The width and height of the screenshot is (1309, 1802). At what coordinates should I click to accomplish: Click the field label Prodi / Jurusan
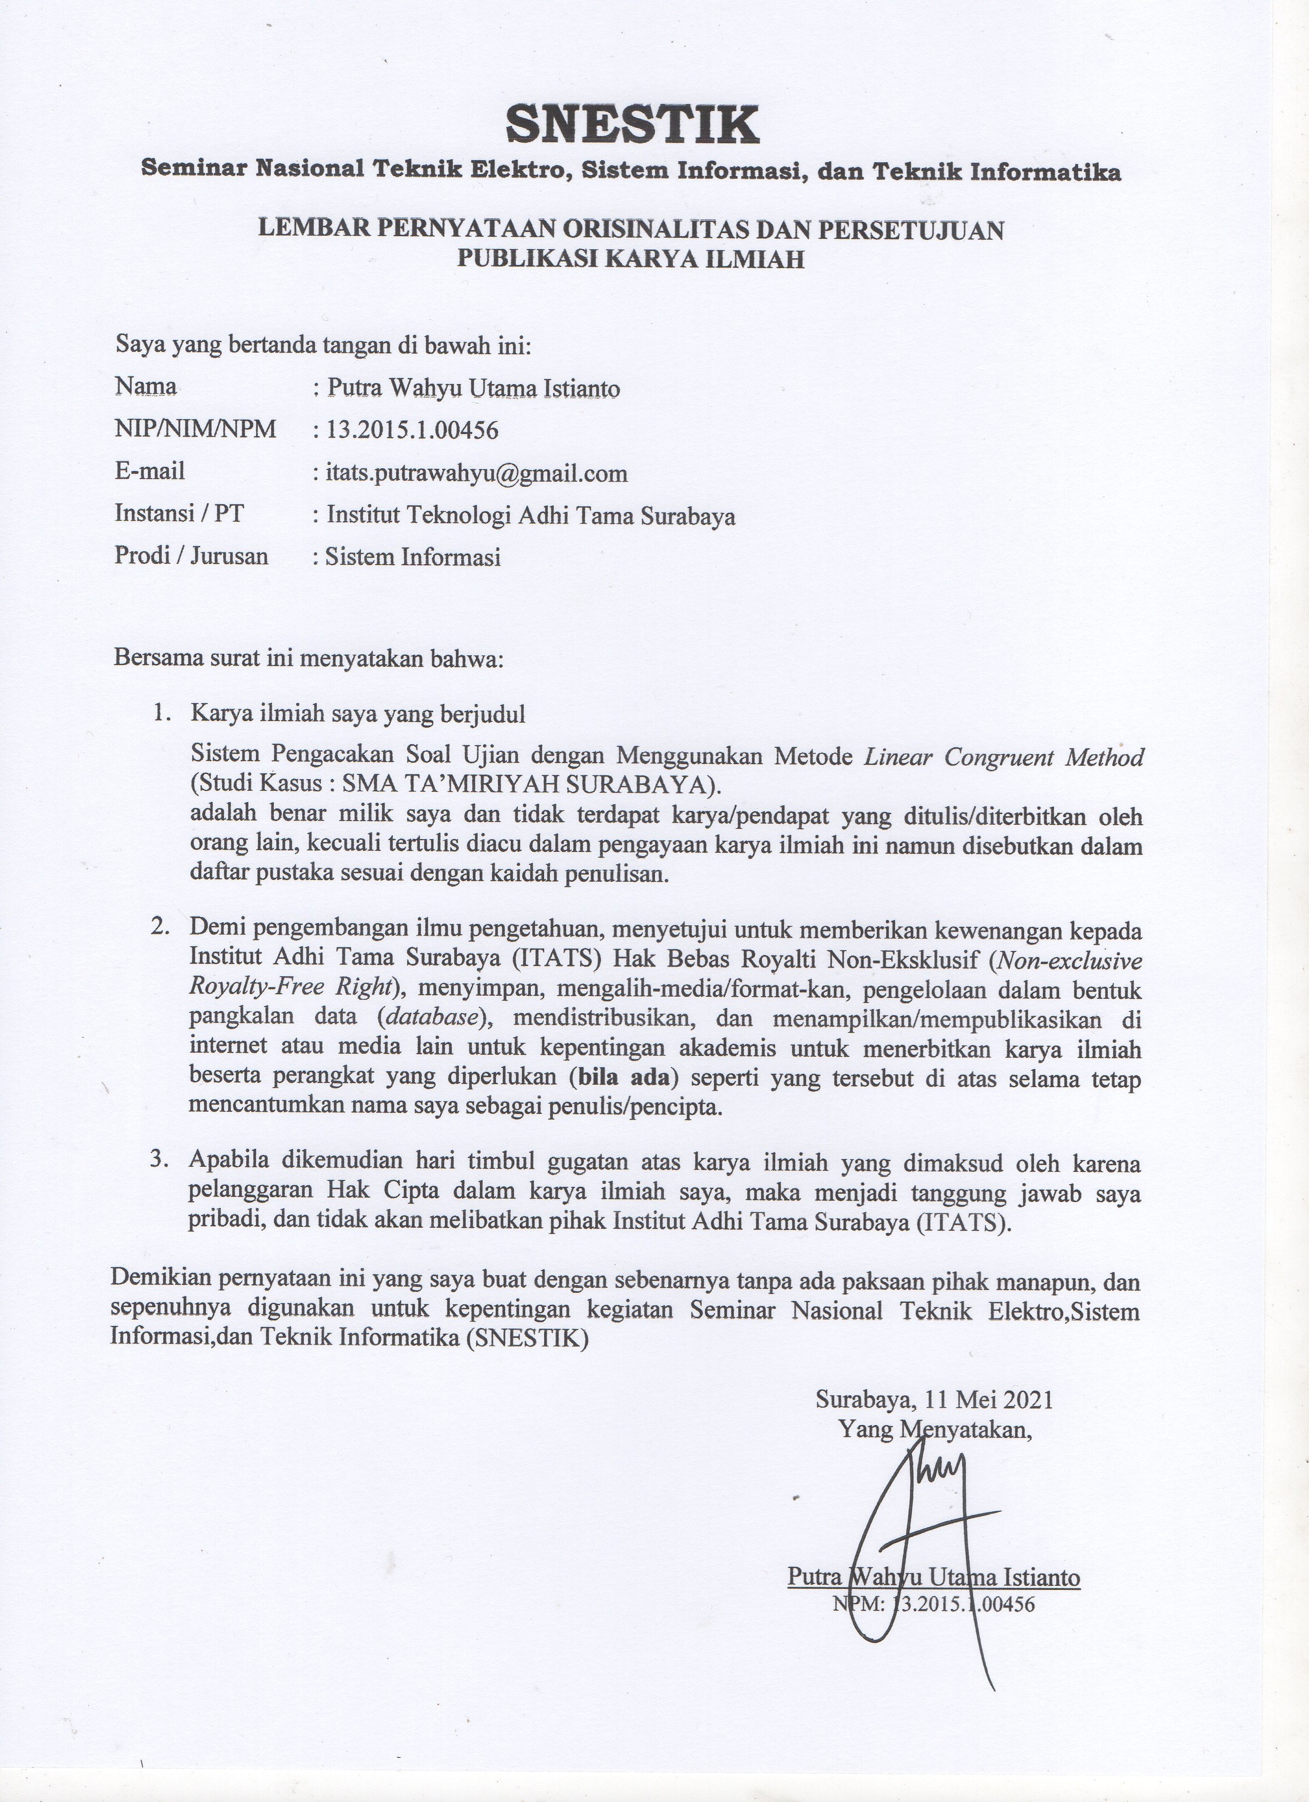tap(191, 555)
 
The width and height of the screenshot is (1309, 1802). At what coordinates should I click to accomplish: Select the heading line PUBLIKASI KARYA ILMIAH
tap(631, 259)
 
